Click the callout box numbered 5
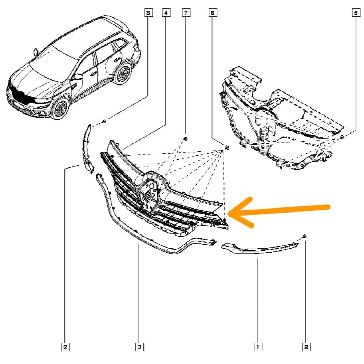(x=356, y=13)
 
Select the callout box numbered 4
(x=166, y=13)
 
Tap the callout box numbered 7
(x=186, y=13)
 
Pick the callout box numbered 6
(x=213, y=13)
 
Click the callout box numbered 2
(x=65, y=347)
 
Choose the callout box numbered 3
(x=139, y=347)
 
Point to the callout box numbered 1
(x=258, y=347)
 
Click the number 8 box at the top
(x=148, y=13)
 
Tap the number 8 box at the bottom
(x=306, y=347)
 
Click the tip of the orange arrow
(x=229, y=213)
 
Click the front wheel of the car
(x=60, y=108)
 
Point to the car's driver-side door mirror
(x=78, y=76)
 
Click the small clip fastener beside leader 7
(x=186, y=139)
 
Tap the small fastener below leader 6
(x=227, y=147)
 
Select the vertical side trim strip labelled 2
(x=87, y=149)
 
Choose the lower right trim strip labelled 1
(x=260, y=248)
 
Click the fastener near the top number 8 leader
(x=104, y=121)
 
